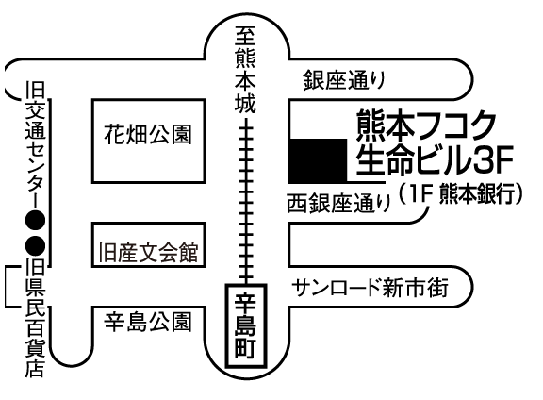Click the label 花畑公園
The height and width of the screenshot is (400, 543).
(147, 135)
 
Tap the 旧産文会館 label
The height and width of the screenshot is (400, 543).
(148, 252)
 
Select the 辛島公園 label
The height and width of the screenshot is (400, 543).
(147, 323)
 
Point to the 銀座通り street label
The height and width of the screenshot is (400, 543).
(345, 80)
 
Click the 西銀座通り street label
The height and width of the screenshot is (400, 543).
(339, 203)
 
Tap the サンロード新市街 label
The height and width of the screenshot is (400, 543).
(370, 288)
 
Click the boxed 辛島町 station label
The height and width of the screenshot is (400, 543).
(246, 325)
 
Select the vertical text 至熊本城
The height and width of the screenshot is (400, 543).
(245, 70)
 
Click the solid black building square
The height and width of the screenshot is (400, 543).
(318, 160)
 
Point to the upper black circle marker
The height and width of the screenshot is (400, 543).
(35, 221)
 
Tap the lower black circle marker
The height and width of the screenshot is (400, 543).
(35, 245)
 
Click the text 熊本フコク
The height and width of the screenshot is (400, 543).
(427, 125)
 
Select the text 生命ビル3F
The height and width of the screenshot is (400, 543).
(435, 159)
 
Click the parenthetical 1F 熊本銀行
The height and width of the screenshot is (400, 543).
(460, 193)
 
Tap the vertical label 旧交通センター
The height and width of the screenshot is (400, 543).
(35, 144)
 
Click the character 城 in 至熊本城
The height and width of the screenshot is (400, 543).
(245, 103)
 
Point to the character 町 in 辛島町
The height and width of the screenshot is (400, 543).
(246, 348)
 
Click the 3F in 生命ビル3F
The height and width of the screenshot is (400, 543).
(492, 160)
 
